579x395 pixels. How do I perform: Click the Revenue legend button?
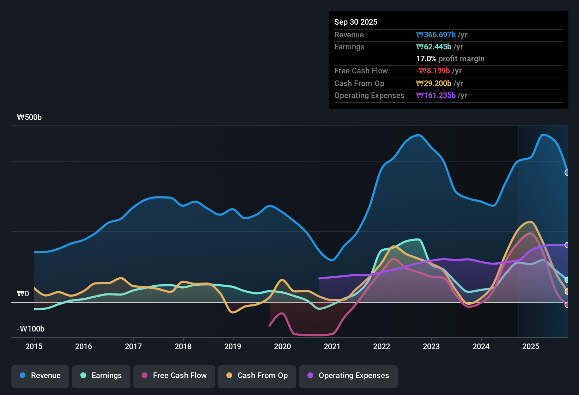40,376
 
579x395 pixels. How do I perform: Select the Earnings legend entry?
101,376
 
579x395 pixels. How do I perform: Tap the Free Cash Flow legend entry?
174,376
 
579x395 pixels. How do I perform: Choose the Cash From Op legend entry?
257,376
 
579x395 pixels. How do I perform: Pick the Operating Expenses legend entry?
348,376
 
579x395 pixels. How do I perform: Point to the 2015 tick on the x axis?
34,346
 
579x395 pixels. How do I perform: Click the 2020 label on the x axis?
282,346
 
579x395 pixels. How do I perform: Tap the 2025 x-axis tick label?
531,346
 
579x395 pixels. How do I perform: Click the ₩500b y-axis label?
29,117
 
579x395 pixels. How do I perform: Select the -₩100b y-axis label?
31,329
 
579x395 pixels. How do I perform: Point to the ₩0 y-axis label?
23,294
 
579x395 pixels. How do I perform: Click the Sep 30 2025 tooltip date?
356,22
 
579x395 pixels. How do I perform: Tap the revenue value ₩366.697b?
436,35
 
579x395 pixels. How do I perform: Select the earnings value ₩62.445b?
434,47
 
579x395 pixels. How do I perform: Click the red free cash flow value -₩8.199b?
433,71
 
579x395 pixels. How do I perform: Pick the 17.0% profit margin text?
450,59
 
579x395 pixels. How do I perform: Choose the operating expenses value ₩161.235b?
436,95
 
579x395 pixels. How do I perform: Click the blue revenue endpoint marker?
567,172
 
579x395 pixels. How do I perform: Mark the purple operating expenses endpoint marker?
567,245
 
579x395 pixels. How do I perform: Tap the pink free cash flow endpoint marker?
567,305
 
